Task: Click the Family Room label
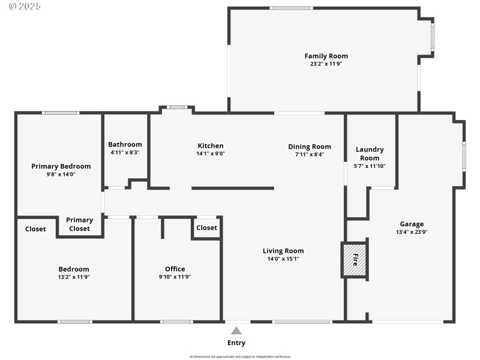click(326, 56)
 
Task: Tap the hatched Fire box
click(354, 260)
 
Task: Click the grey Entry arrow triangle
click(236, 331)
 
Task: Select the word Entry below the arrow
click(236, 343)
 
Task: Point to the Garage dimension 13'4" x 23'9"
click(412, 232)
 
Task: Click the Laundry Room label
click(370, 154)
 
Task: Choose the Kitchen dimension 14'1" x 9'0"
click(211, 153)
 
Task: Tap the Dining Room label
click(309, 146)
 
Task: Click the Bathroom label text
click(125, 144)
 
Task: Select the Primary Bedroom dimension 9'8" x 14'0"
click(61, 174)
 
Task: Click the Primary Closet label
click(79, 224)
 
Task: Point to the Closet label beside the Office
click(206, 227)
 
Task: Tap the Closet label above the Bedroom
click(35, 229)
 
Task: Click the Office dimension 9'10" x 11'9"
click(175, 277)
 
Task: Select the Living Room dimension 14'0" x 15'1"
click(283, 259)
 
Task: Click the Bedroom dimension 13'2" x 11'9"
click(73, 277)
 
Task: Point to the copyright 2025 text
click(21, 6)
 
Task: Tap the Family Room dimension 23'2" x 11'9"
click(326, 64)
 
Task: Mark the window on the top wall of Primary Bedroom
click(61, 112)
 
